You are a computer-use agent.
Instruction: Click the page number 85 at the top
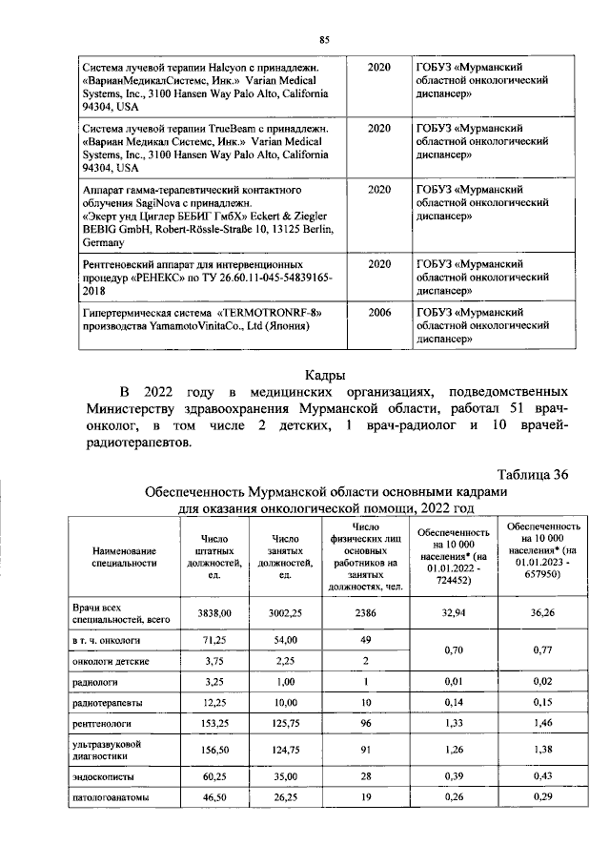(323, 39)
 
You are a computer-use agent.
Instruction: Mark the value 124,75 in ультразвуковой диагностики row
(284, 752)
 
